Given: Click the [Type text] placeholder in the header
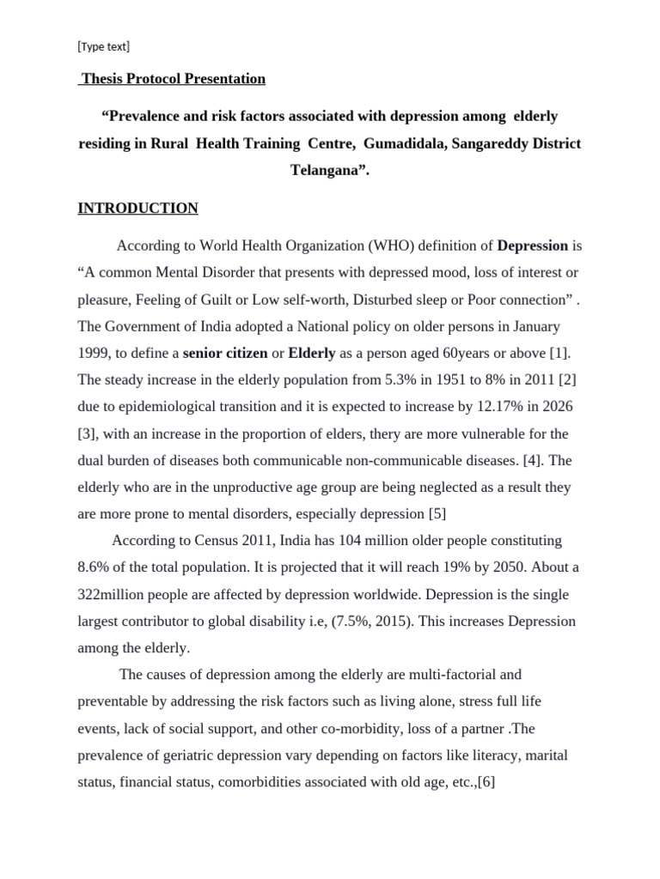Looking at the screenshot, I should (103, 46).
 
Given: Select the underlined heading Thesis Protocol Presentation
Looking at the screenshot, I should (172, 79).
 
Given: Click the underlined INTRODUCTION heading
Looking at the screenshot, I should (137, 208).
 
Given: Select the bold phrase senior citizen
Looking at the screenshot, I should (225, 353).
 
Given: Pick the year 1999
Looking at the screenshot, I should (94, 353).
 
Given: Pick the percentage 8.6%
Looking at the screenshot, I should (95, 567).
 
